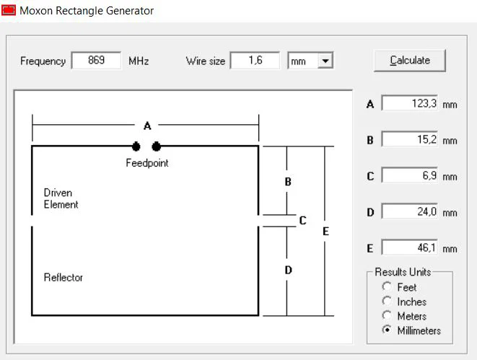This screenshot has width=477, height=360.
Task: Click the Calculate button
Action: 409,61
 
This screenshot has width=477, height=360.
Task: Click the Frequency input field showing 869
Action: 96,60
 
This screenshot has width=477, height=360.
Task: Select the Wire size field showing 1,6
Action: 255,60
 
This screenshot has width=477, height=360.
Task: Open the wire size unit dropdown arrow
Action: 325,61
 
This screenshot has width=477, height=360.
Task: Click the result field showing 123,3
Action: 410,103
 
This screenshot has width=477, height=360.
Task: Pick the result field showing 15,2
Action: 410,139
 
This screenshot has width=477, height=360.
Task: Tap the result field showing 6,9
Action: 410,175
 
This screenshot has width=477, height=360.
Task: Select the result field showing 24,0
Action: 410,211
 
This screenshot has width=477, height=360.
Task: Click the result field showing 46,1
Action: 410,247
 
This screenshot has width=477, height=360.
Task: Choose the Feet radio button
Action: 387,286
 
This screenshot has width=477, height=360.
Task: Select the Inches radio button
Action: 387,301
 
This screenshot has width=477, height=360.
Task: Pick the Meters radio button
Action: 387,315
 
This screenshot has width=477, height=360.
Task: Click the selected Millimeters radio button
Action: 387,330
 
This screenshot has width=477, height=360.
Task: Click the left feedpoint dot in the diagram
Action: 136,146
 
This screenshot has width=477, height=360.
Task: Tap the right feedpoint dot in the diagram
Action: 156,146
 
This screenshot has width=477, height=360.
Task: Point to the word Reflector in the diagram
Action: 64,277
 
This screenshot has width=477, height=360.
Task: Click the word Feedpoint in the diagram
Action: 147,163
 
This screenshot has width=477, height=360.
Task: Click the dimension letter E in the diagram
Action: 325,232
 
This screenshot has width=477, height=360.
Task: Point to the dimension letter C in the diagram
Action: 302,220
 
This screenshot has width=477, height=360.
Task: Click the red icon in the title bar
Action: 8,9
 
